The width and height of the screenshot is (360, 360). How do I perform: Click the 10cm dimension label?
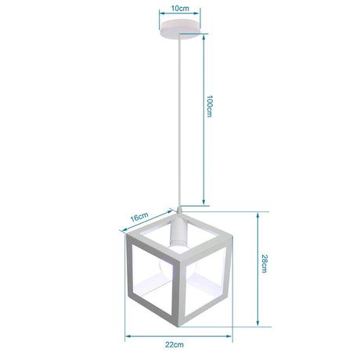point(180,8)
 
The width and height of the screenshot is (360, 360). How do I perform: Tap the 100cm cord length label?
point(210,106)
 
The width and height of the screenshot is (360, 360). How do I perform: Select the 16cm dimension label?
point(139,217)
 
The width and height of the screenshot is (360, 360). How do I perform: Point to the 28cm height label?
point(264,264)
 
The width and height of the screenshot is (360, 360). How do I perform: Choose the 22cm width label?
point(175,344)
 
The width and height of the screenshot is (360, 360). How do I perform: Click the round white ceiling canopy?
point(180,29)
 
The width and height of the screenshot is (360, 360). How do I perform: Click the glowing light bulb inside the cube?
point(178,265)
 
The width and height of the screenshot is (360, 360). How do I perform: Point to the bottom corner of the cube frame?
point(178,326)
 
